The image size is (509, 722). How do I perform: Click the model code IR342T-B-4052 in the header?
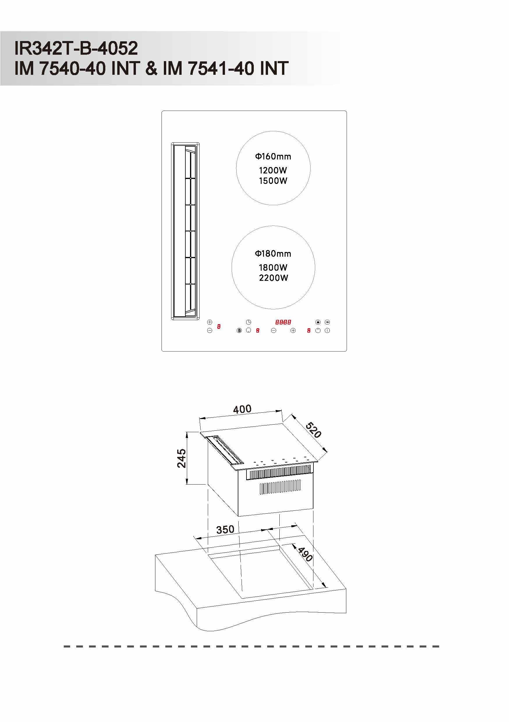[76, 48]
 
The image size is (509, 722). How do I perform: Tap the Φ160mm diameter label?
[273, 156]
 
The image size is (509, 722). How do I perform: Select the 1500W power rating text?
[273, 181]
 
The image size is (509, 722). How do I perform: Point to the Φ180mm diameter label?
[273, 253]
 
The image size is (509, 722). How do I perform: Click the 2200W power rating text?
[273, 278]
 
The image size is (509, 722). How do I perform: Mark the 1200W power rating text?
[273, 171]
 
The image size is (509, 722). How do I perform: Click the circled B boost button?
[239, 331]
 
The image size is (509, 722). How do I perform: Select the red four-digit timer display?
[283, 322]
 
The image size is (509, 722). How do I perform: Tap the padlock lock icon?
[318, 322]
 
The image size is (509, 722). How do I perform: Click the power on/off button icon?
[327, 331]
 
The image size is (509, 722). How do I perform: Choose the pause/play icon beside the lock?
[327, 322]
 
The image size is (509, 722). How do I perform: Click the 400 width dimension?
[242, 409]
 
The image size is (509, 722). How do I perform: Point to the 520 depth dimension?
[313, 430]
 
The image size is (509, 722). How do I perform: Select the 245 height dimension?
[181, 458]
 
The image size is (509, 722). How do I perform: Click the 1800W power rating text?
[273, 268]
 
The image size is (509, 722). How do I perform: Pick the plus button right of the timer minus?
[293, 331]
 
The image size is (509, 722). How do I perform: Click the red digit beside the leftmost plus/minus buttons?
[219, 327]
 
